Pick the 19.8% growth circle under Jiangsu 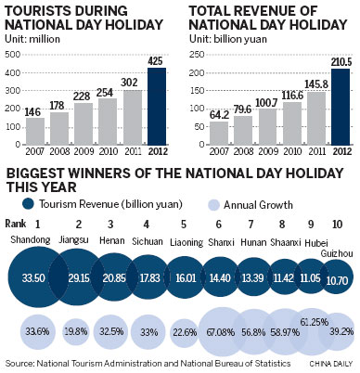coord(77,331)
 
